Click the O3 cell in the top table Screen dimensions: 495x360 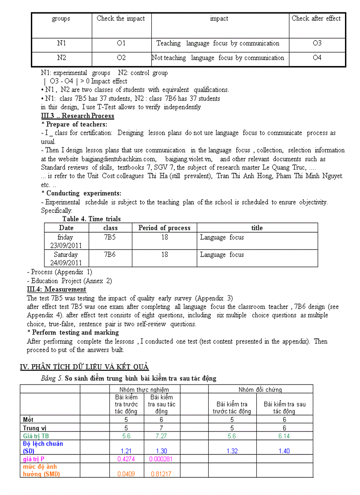[317, 43]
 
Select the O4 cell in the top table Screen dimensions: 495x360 [317, 58]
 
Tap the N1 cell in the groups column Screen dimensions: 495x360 [61, 43]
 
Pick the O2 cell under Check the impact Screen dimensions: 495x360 [121, 58]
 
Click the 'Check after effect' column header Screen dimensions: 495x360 [316, 19]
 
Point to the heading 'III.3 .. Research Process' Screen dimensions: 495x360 [77, 116]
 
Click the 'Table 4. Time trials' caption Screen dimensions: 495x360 [91, 219]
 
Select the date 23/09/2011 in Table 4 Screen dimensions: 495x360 [66, 246]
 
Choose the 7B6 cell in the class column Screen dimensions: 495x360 [110, 254]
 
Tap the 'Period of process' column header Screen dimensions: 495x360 [164, 228]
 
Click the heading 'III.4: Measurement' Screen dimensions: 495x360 [56, 289]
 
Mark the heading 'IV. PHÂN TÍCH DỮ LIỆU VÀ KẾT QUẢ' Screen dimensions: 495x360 [84, 367]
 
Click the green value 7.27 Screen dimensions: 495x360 [161, 436]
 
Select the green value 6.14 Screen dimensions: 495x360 [284, 436]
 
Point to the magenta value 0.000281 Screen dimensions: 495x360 [161, 459]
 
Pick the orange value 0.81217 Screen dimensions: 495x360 [161, 474]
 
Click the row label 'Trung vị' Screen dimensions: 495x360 [35, 428]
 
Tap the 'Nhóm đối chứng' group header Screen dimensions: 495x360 [260, 390]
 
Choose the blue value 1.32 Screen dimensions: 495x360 [232, 451]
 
